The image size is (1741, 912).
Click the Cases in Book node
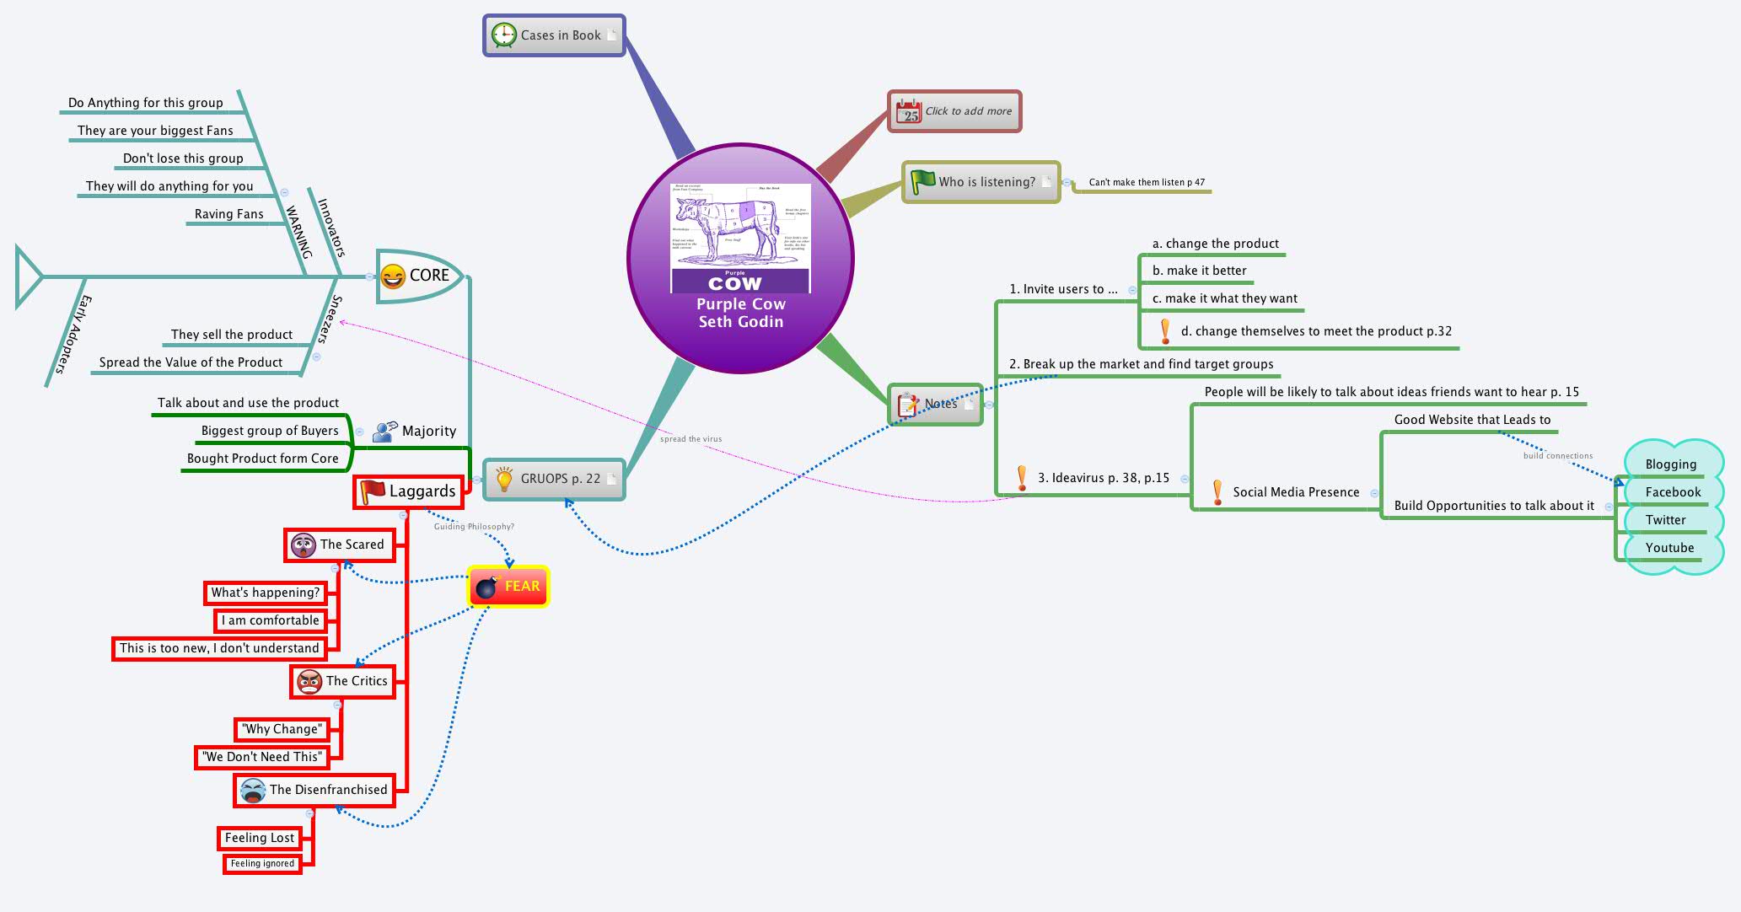coord(554,35)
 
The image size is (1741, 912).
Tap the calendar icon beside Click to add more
coord(909,111)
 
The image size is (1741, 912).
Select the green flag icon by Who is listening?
coord(922,181)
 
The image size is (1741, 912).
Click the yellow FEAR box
coord(508,587)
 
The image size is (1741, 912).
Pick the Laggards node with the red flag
coord(408,491)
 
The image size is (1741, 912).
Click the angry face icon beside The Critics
coord(309,681)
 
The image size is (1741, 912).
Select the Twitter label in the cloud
coord(1665,520)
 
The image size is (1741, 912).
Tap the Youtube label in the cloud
coord(1668,548)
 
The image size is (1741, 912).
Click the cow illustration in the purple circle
coord(740,228)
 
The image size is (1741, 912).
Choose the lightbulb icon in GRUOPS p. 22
coord(504,479)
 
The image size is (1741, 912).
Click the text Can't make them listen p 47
coord(1146,182)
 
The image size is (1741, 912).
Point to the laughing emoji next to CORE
coord(393,276)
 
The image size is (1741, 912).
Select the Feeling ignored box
coord(262,863)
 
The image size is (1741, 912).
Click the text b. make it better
coord(1199,271)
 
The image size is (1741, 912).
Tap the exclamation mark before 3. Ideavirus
coord(1022,478)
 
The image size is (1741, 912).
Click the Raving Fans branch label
coord(228,214)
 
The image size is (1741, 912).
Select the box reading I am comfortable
coord(270,620)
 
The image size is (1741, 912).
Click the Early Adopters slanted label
coord(73,335)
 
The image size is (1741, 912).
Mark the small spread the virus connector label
coord(690,439)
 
